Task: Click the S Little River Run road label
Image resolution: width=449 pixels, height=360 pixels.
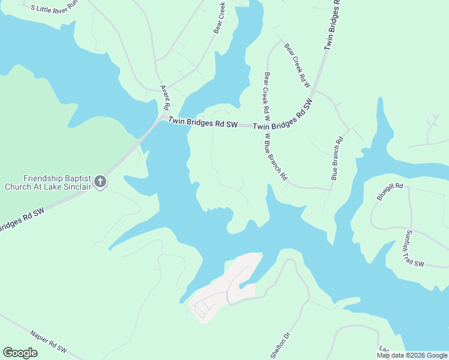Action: [x=55, y=7]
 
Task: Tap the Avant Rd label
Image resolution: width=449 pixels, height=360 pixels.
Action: [x=164, y=97]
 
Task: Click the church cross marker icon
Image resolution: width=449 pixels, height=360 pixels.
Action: [x=100, y=181]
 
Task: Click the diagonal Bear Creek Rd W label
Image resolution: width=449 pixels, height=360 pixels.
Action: [x=297, y=65]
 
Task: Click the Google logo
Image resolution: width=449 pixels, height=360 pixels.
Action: [x=20, y=353]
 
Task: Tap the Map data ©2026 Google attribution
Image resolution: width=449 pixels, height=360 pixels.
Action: [x=412, y=355]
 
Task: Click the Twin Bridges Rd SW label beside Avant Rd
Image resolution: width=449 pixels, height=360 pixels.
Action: [x=203, y=122]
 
